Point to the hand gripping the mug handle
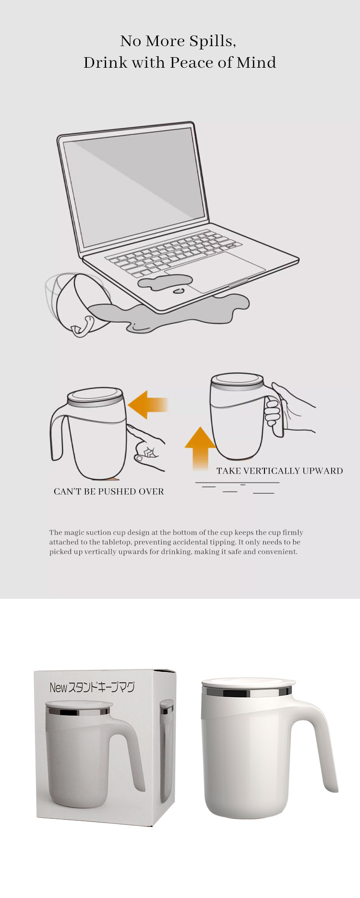(x=288, y=408)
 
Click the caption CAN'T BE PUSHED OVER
(x=108, y=492)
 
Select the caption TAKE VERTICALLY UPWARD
(x=280, y=471)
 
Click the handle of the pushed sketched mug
(x=60, y=432)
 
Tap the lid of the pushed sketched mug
(x=95, y=397)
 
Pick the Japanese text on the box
(x=92, y=687)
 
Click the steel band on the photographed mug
(x=247, y=692)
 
